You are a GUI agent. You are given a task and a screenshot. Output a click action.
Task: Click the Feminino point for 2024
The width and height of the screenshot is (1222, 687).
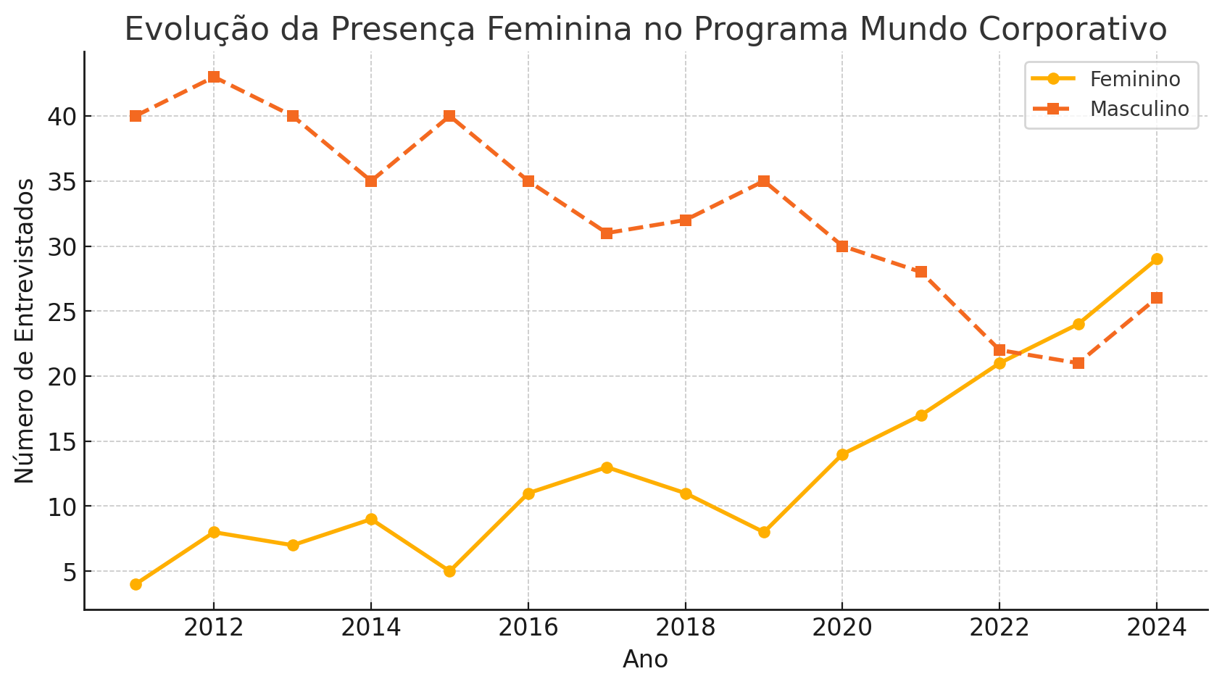coord(1157,259)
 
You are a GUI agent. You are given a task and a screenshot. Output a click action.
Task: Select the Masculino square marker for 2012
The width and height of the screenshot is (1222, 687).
coord(214,77)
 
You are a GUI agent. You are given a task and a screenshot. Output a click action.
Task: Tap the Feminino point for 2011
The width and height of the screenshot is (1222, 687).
coord(136,584)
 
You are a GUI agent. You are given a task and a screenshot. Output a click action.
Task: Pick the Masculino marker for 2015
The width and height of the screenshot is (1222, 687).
coord(449,116)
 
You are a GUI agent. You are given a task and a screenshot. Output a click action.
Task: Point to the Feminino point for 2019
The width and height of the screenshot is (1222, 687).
coord(764,532)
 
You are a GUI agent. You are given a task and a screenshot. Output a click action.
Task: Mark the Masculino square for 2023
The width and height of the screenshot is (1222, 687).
coord(1078,363)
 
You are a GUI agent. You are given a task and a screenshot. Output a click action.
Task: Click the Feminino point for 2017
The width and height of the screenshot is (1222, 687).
coord(607,467)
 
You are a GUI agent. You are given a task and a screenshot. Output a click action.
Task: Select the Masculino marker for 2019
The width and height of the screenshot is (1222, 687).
coord(764,181)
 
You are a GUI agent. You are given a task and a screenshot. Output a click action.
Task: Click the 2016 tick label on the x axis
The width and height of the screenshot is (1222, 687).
coord(528,628)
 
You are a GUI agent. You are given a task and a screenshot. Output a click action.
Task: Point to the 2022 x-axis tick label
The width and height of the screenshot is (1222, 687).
coord(999,628)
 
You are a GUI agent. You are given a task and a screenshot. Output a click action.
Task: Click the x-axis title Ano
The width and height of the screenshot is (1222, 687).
coord(645,659)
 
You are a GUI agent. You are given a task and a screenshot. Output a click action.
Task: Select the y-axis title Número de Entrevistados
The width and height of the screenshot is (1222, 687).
coord(25,330)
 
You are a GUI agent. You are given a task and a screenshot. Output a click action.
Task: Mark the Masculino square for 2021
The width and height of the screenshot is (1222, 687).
coord(921,272)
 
